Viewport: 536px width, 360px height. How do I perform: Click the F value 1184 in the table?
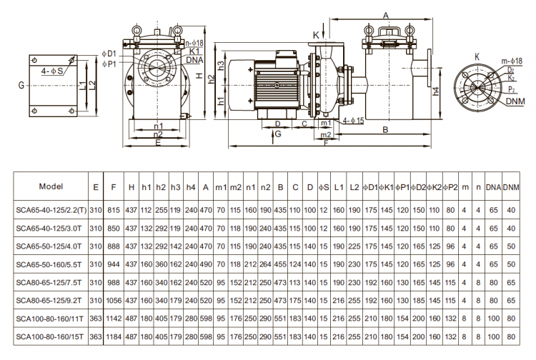pos(112,334)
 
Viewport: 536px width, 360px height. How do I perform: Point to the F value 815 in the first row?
pos(113,210)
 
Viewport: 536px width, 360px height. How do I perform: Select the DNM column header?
pos(510,186)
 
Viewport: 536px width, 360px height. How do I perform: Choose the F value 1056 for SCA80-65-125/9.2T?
pos(112,299)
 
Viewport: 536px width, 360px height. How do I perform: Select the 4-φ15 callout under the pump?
pos(353,121)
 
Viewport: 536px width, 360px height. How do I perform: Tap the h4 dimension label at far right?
pos(436,91)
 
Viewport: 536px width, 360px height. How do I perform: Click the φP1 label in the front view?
pos(109,64)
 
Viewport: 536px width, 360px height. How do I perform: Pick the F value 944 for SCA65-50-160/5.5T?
pos(113,264)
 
